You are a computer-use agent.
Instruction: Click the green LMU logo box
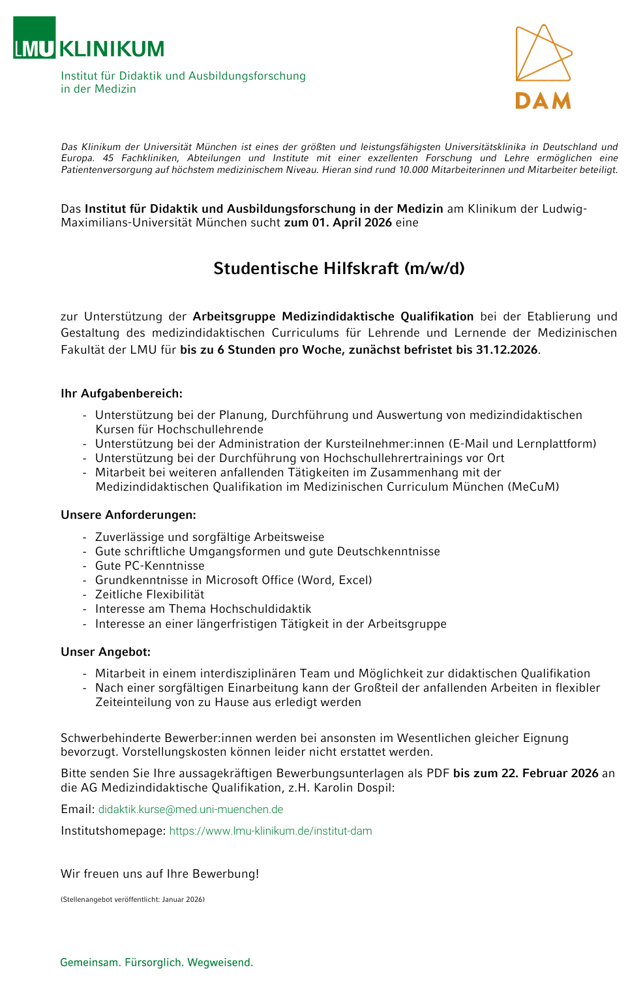pyautogui.click(x=34, y=38)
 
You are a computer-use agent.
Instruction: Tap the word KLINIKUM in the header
pyautogui.click(x=112, y=49)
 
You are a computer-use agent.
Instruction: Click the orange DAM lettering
pyautogui.click(x=543, y=100)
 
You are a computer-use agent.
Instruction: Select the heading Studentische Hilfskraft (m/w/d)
pyautogui.click(x=339, y=268)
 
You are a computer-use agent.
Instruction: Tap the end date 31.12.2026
pyautogui.click(x=507, y=350)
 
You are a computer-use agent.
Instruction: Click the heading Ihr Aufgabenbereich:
pyautogui.click(x=122, y=394)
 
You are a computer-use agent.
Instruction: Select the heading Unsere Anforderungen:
pyautogui.click(x=128, y=515)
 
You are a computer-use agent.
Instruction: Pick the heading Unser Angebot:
pyautogui.click(x=106, y=652)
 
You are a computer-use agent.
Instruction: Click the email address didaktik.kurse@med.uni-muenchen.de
pyautogui.click(x=190, y=809)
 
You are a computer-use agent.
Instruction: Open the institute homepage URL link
pyautogui.click(x=271, y=831)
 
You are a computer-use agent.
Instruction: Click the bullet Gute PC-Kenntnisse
pyautogui.click(x=150, y=566)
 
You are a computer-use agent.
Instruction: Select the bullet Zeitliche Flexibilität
pyautogui.click(x=150, y=594)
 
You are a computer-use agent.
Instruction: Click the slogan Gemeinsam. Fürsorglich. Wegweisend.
pyautogui.click(x=157, y=963)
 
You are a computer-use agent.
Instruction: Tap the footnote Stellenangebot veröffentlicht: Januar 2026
pyautogui.click(x=132, y=899)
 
